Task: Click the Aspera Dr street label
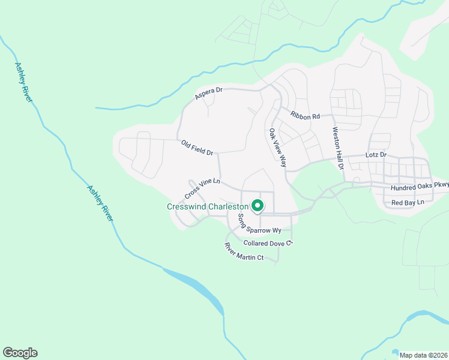[x=209, y=93]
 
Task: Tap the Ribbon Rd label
[x=305, y=115]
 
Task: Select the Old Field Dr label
[x=197, y=148]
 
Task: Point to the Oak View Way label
[x=278, y=148]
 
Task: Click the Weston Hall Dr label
[x=337, y=145]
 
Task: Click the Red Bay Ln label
[x=408, y=203]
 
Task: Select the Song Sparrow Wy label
[x=259, y=224]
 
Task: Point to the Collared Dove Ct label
[x=268, y=243]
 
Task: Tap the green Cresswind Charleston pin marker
[x=258, y=206]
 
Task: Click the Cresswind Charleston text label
[x=207, y=206]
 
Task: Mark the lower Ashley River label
[x=100, y=203]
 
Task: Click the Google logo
[x=20, y=353]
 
